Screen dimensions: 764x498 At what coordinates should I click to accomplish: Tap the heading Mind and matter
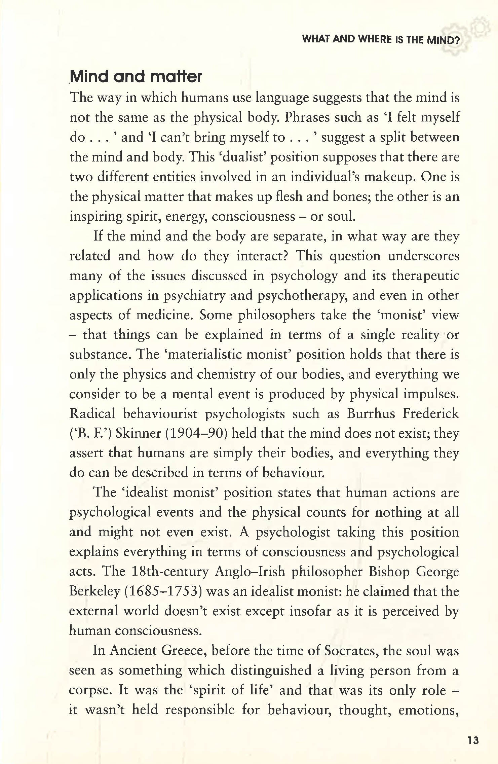[x=136, y=77]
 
